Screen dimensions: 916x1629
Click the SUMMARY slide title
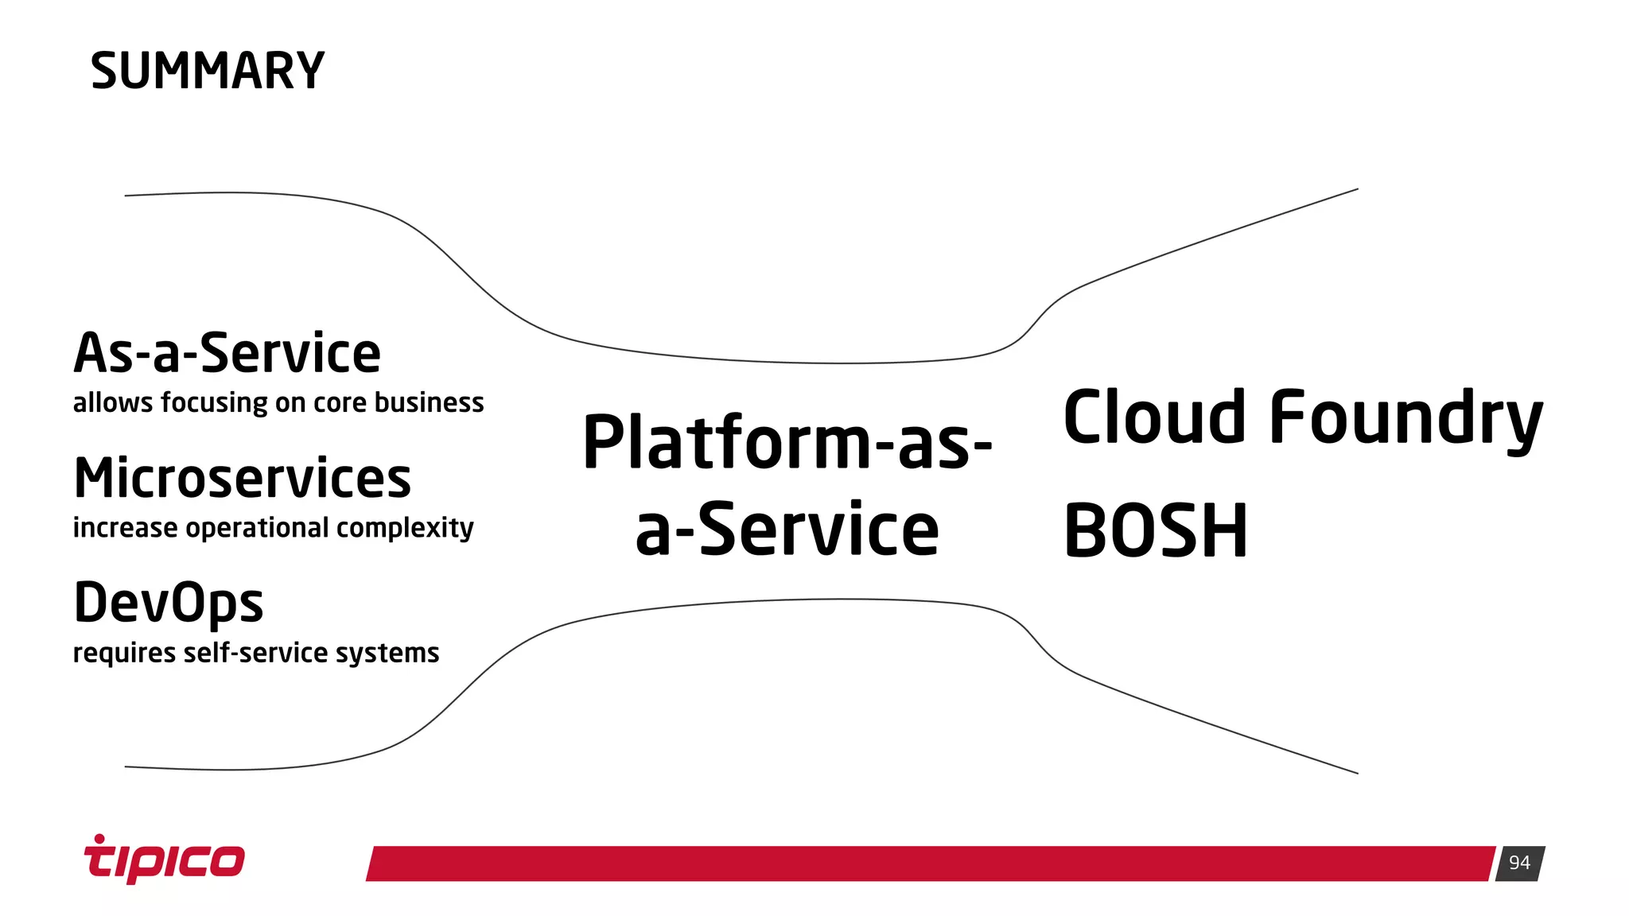(208, 71)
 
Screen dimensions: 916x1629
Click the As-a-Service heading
(227, 353)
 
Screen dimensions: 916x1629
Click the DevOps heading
(168, 603)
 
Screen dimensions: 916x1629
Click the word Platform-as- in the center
(787, 442)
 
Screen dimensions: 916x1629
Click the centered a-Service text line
(787, 530)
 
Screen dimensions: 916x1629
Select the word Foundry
(1405, 418)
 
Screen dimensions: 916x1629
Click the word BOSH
(1155, 530)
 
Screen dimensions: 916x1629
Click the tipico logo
(165, 859)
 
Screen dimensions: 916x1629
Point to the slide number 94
(1519, 863)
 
